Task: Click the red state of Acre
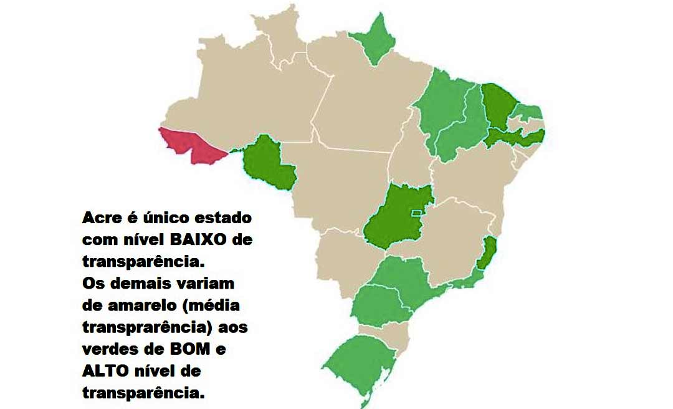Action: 190,145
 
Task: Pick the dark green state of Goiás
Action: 393,215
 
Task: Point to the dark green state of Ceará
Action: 499,106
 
